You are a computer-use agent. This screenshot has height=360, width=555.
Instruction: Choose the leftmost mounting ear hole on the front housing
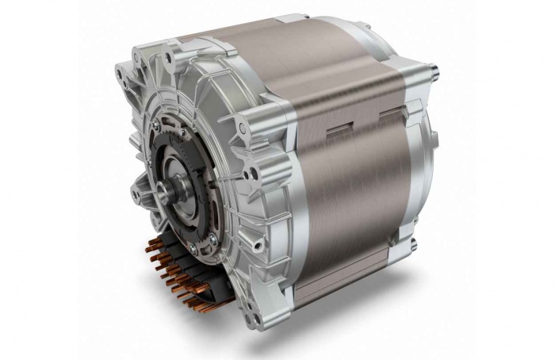pos(118,75)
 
